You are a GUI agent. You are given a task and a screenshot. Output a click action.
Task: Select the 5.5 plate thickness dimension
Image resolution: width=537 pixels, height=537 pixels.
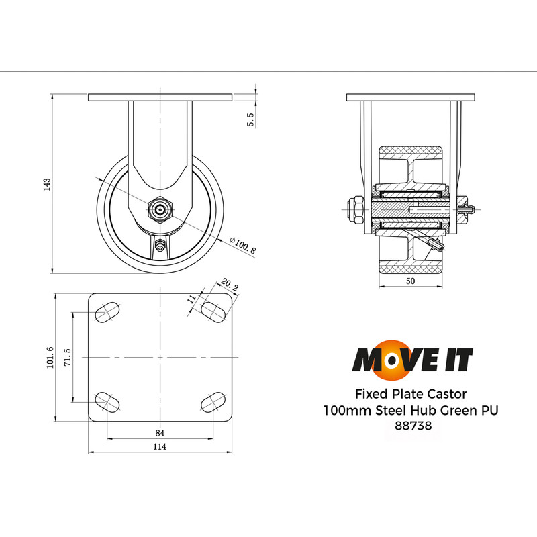250,119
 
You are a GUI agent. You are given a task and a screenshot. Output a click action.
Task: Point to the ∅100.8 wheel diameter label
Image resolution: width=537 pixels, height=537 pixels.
242,246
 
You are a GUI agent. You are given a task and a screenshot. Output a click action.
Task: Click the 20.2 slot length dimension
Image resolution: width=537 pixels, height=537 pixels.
229,288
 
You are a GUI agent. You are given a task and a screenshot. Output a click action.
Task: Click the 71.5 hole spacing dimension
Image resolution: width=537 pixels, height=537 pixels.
67,356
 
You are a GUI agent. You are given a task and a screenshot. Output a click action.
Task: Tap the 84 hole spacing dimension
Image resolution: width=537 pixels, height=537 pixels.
160,434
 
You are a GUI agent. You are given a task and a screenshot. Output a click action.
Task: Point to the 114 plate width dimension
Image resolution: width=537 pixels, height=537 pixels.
160,447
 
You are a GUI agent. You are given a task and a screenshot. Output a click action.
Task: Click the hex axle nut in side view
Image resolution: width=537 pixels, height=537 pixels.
161,209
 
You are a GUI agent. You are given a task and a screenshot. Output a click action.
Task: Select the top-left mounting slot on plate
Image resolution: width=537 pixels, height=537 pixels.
108,311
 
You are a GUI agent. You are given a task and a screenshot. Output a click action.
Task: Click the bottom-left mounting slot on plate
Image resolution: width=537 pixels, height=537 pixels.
108,402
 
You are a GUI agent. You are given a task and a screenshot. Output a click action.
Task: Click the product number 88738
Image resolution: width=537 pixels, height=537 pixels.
412,425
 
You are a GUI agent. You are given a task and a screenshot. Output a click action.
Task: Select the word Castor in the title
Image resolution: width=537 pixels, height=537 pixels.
444,393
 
